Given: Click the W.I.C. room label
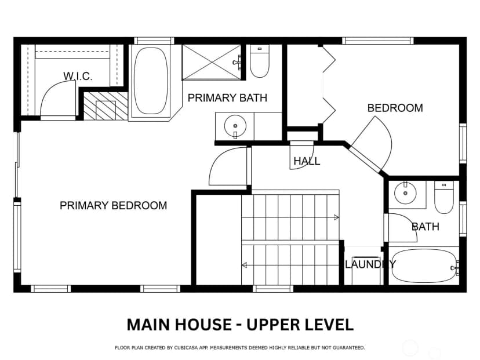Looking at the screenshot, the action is point(78,76).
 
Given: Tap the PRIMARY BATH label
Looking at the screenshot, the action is point(227,98).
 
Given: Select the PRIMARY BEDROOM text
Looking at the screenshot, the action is point(113,205).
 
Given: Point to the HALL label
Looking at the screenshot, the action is point(307,161).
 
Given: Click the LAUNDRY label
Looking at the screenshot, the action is point(370,264).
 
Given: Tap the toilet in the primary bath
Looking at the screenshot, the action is point(260,61).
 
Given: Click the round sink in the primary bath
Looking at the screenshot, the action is point(235,126).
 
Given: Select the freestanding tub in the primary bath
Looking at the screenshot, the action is point(151,81).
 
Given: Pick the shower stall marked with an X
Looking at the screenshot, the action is point(212,62).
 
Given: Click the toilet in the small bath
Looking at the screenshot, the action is point(444,198).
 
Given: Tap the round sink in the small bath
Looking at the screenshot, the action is point(405,193).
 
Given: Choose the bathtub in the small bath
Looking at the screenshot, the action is point(424,266).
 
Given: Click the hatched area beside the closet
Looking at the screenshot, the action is point(106,106).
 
